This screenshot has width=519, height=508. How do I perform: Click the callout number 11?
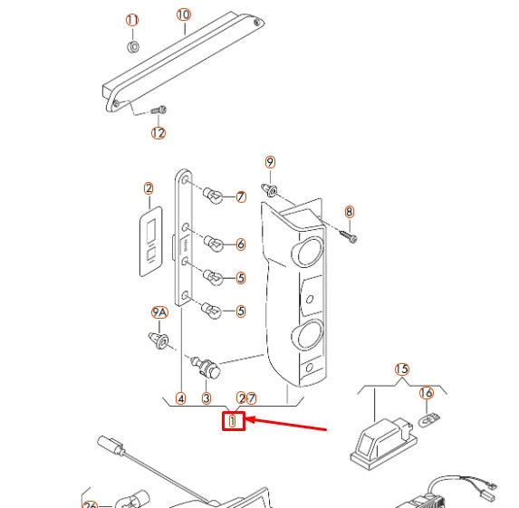pos(132,20)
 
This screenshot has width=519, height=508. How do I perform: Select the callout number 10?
pos(184,14)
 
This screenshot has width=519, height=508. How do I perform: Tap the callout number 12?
pos(159,133)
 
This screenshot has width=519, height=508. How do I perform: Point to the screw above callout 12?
pos(159,110)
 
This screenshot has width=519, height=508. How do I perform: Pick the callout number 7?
pos(241,196)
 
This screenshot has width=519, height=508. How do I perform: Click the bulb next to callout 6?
pos(216,244)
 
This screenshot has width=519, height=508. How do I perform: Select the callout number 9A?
pos(159,312)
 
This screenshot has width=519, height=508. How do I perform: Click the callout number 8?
pos(349,212)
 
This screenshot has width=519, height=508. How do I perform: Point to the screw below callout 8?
pos(350,235)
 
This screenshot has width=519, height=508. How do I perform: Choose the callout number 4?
pos(181,398)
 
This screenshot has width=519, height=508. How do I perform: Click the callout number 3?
pos(207,398)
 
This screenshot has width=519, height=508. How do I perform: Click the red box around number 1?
pos(234,420)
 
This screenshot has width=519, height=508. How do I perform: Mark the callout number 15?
pos(401,369)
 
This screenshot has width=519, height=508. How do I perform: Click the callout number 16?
pos(426,392)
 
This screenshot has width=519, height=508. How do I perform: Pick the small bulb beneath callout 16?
pos(432,419)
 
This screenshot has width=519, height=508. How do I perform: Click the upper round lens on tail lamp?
pos(308,252)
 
